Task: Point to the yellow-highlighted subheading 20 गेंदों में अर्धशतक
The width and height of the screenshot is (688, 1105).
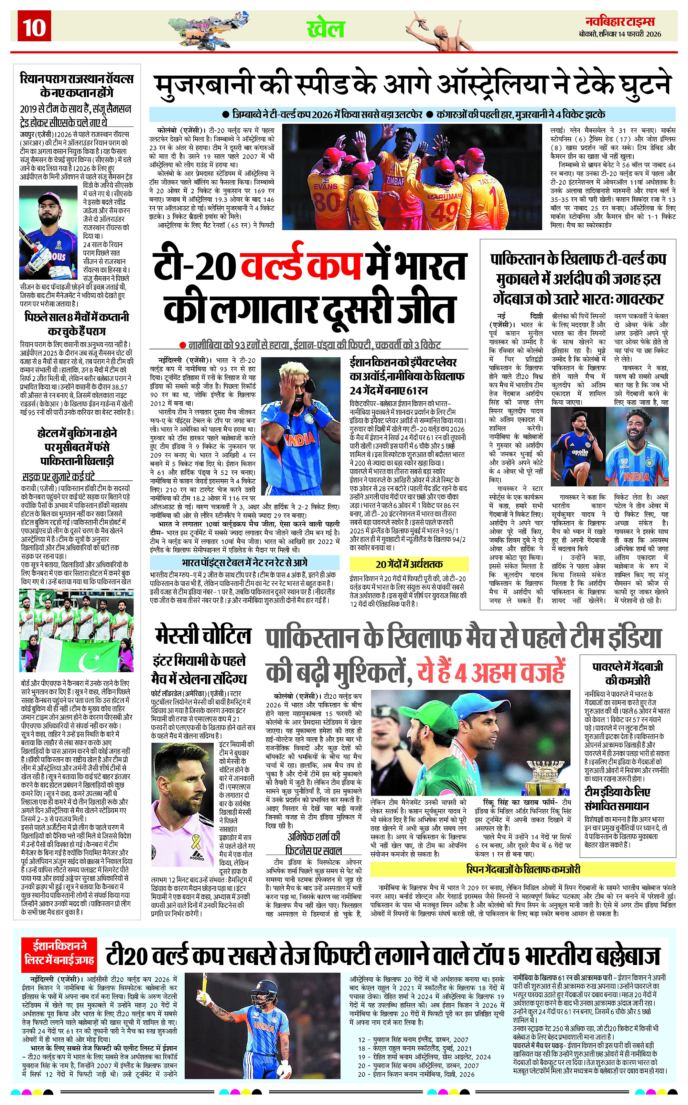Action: [x=409, y=564]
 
